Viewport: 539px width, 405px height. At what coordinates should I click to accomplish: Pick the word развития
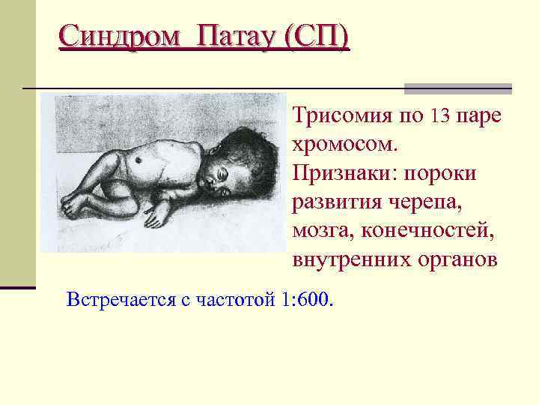pyautogui.click(x=338, y=202)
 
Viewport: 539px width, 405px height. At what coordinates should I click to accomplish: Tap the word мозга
pyautogui.click(x=323, y=230)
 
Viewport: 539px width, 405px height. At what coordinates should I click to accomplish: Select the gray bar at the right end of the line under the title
pyautogui.click(x=458, y=88)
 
